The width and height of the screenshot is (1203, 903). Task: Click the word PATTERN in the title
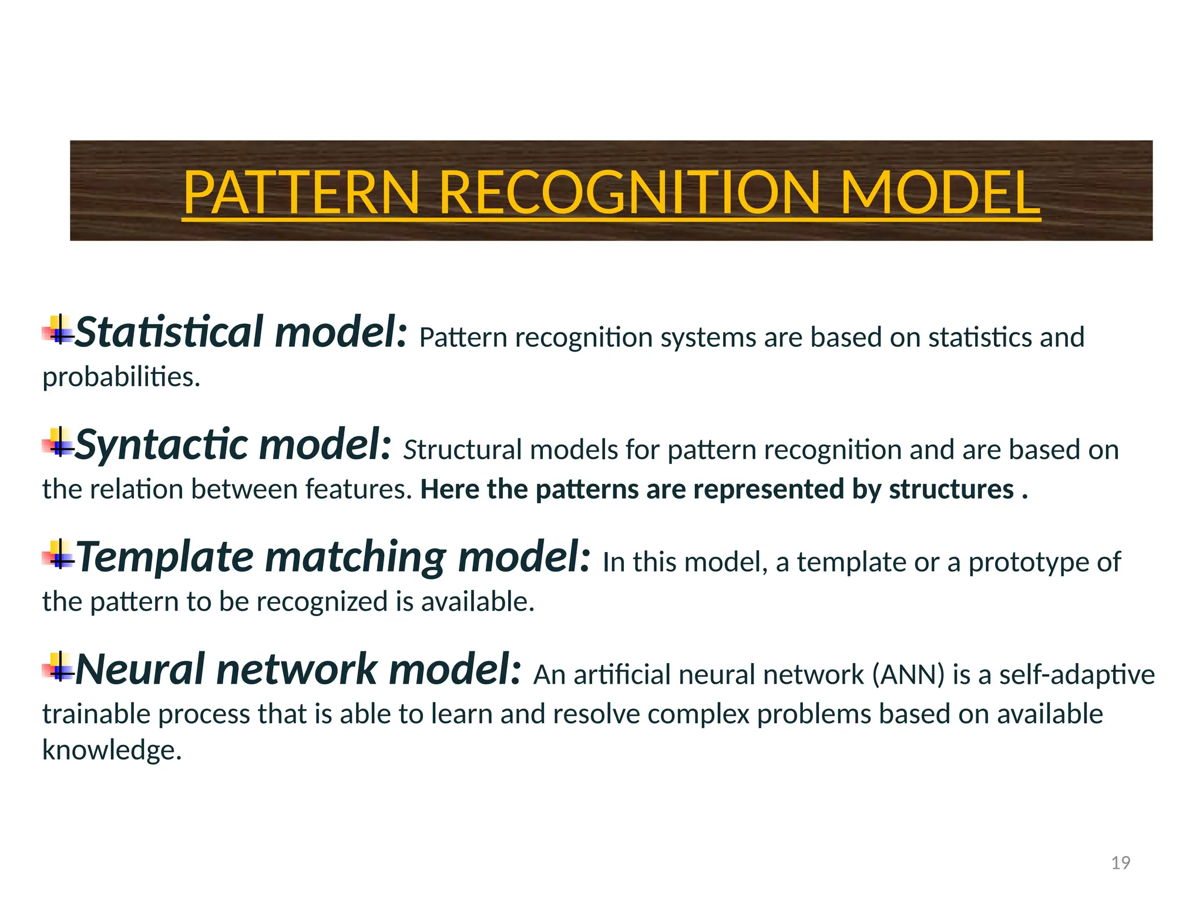[x=301, y=192]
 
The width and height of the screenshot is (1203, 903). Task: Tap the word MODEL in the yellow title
[x=940, y=192]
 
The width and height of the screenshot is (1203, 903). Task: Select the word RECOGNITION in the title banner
[x=629, y=192]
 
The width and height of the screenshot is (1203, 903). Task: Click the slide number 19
[x=1121, y=862]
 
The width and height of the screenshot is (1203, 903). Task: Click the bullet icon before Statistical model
[x=59, y=331]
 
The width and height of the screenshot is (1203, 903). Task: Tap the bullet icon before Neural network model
[x=59, y=667]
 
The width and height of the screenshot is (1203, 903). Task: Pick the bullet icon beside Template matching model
[x=59, y=555]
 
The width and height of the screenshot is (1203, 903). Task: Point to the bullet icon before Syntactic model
[x=59, y=443]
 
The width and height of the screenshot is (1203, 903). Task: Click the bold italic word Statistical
[x=169, y=332]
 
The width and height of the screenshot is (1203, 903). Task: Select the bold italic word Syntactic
[x=162, y=444]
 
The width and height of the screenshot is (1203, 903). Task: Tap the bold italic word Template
[x=165, y=557]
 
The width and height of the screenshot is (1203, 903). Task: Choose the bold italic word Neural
[x=140, y=669]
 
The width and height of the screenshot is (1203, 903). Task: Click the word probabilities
[x=121, y=377]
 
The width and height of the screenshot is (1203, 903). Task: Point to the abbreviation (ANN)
[x=908, y=675]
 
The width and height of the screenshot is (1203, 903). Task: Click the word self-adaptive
[x=1077, y=675]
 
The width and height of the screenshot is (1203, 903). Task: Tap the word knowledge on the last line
[x=112, y=750]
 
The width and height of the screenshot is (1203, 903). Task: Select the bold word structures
[x=951, y=489]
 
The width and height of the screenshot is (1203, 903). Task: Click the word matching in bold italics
[x=355, y=557]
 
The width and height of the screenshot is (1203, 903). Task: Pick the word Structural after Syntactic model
[x=462, y=450]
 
